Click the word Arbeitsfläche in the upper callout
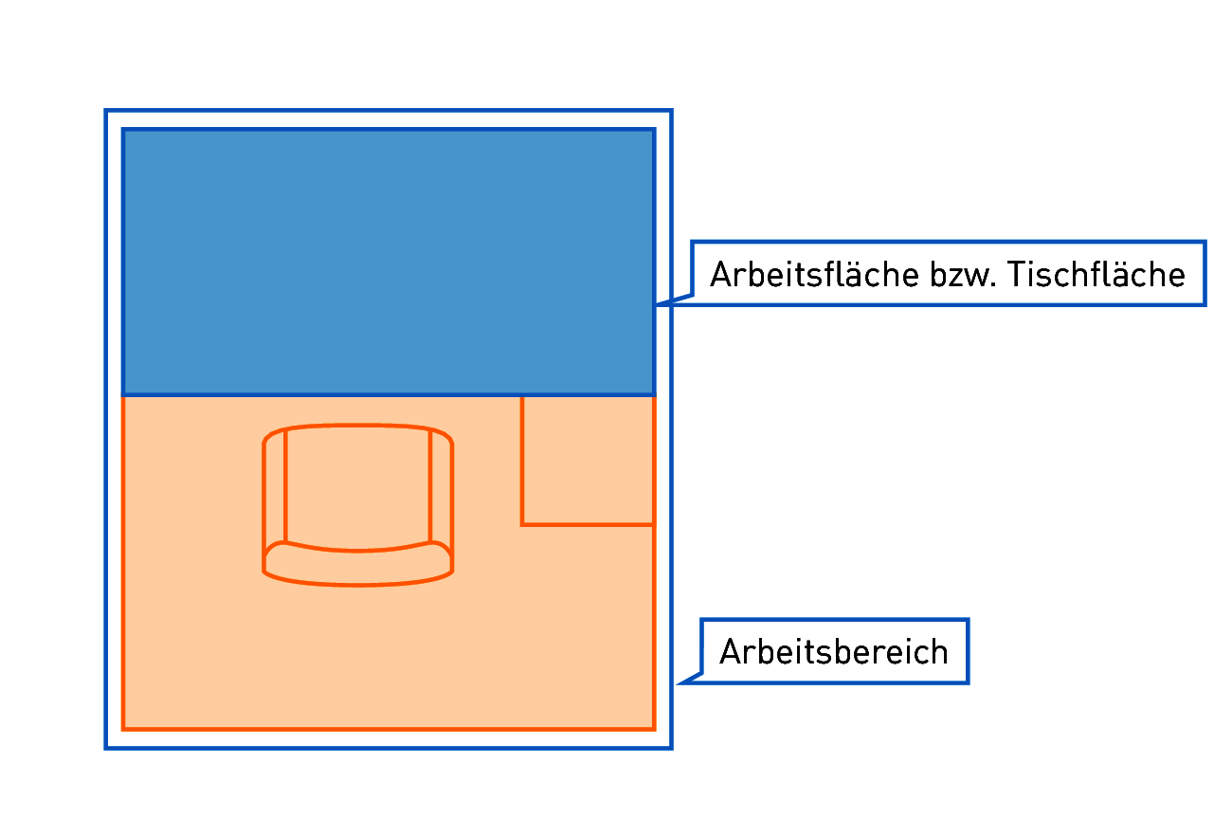click(x=814, y=274)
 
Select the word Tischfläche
click(x=1096, y=274)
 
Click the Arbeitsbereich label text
click(x=833, y=652)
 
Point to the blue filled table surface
click(x=389, y=263)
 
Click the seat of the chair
click(x=357, y=487)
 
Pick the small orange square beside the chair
click(x=588, y=461)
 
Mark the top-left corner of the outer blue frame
click(x=106, y=111)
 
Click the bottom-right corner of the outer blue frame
click(x=672, y=748)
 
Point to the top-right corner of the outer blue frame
click(x=672, y=111)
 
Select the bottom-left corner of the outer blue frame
click(x=106, y=748)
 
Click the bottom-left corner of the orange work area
click(x=123, y=729)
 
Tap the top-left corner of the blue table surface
click(x=123, y=130)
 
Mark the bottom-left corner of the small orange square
click(x=522, y=525)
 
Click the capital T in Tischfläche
click(x=1018, y=275)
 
